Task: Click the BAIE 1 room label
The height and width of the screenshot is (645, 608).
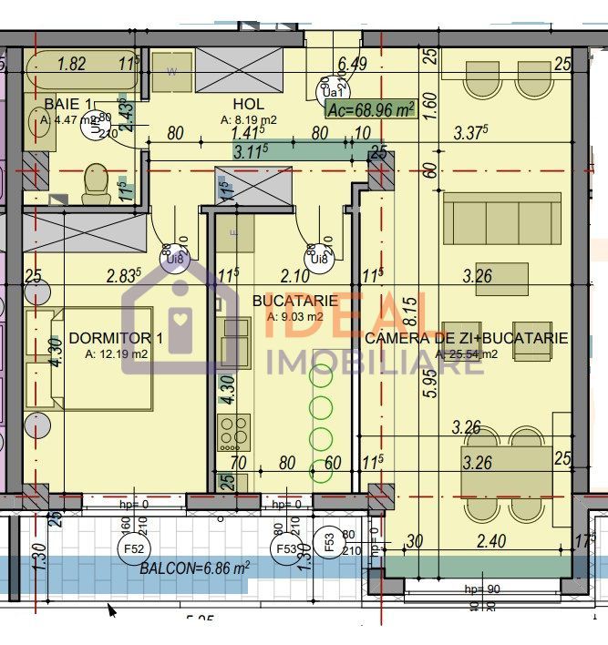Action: pos(67,104)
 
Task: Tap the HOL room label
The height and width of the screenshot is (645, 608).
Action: pos(248,104)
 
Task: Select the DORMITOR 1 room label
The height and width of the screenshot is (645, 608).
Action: pos(116,339)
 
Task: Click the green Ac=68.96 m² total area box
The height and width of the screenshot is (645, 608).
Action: pos(371,109)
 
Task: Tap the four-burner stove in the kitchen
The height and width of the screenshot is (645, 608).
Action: pos(233,431)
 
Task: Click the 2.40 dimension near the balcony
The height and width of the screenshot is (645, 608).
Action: pos(491,541)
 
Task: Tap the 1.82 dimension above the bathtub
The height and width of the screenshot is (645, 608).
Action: pos(72,64)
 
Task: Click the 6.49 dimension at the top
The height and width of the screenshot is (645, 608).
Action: pos(352,64)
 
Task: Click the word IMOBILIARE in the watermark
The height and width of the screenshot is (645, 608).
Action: pos(362,363)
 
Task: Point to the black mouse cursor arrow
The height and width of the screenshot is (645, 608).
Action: pos(113,609)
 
